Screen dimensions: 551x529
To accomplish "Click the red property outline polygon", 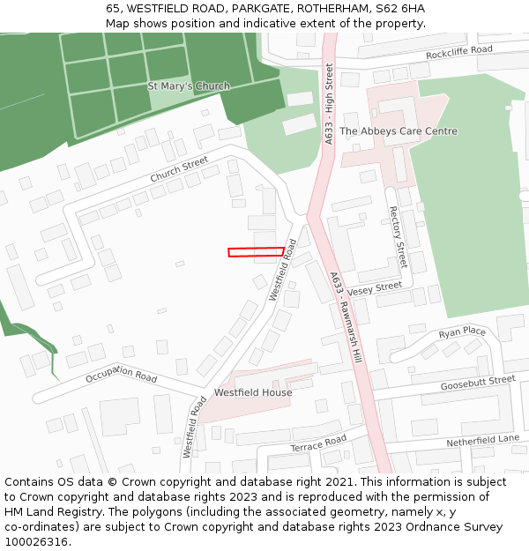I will [256, 252].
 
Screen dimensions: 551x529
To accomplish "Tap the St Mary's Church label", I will [188, 86].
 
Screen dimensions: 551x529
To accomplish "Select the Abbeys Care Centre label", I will [399, 131].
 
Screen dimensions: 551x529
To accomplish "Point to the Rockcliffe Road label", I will [458, 51].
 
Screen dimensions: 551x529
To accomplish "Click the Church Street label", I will [179, 169].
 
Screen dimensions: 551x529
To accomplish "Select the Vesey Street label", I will [374, 289].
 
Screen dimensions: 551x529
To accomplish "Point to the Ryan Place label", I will [462, 332].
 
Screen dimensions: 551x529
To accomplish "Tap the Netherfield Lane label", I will [482, 439].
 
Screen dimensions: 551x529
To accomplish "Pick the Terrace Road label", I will [318, 443].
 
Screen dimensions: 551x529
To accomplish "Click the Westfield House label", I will [253, 392].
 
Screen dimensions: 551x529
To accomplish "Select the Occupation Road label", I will [121, 374].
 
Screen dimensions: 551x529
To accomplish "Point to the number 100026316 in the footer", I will [36, 541].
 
